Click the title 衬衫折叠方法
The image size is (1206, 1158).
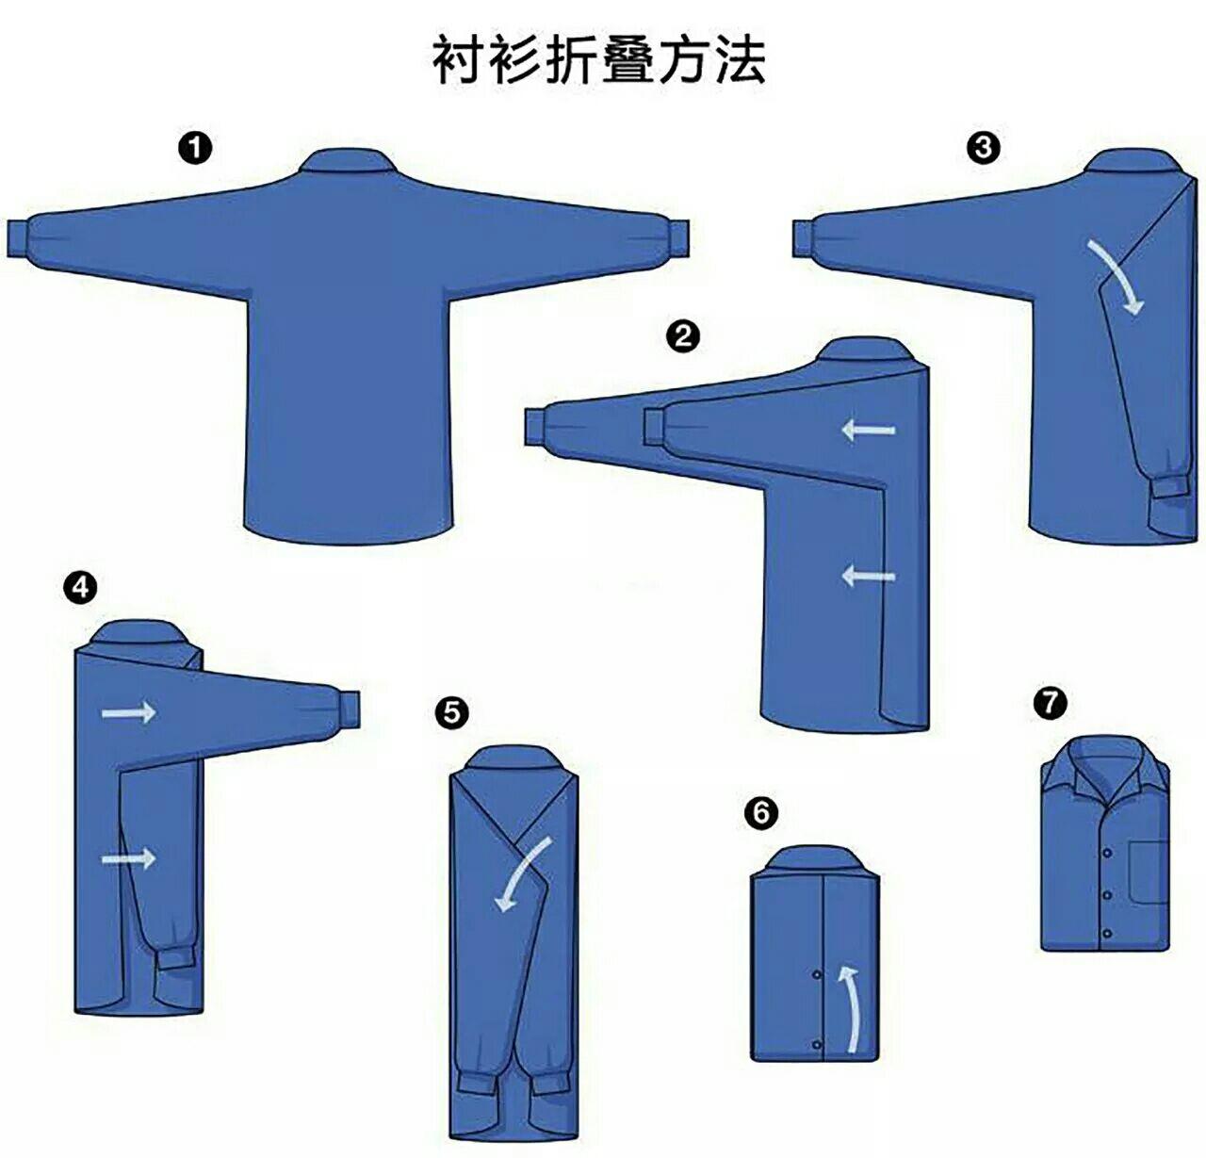pyautogui.click(x=599, y=60)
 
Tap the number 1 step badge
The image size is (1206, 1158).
pyautogui.click(x=196, y=148)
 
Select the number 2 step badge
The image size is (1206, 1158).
pyautogui.click(x=682, y=335)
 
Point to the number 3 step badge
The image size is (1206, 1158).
pyautogui.click(x=984, y=148)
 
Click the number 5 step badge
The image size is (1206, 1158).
pyautogui.click(x=453, y=713)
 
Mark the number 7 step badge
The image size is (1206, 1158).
pyautogui.click(x=1050, y=701)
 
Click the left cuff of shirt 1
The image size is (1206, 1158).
pyautogui.click(x=21, y=237)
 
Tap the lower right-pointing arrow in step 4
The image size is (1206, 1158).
pyautogui.click(x=129, y=857)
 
